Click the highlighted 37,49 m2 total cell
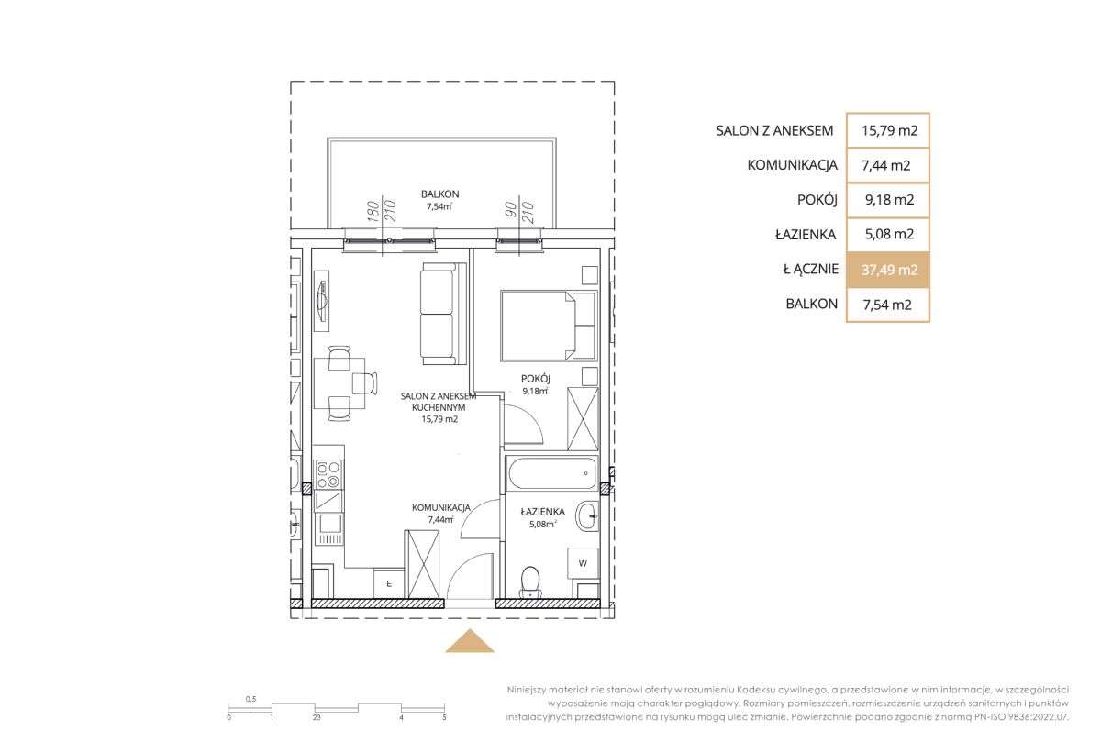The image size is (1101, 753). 888,270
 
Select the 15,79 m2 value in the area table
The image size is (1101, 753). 889,130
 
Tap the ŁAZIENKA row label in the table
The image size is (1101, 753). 806,234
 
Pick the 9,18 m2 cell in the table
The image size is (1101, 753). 889,199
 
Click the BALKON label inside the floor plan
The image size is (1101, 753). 439,194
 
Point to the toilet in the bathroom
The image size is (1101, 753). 530,582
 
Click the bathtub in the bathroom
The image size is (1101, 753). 551,473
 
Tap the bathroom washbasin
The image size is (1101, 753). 587,516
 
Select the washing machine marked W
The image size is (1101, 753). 583,563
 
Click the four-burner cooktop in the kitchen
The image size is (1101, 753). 328,474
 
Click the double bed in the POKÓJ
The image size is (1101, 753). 549,327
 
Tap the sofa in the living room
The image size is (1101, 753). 443,314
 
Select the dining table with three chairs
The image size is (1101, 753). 346,383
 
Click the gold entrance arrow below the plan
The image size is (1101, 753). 470,640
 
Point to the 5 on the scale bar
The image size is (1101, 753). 444,717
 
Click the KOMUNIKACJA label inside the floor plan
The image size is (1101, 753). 441,507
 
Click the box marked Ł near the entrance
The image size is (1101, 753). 389,583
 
